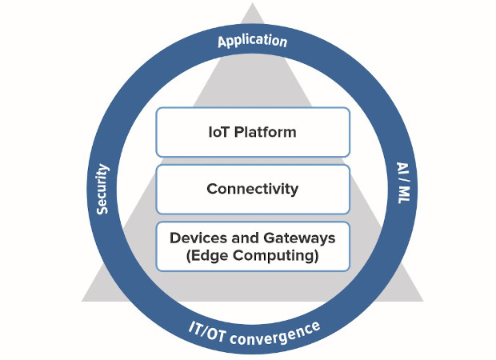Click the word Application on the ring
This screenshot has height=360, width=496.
[252, 40]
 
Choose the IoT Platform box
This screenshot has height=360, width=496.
[253, 132]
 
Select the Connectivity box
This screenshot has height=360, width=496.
[253, 189]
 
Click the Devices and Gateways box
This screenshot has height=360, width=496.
[253, 246]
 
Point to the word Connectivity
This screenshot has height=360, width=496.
[253, 190]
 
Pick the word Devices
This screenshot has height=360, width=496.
[195, 238]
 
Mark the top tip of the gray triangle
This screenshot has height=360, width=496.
[253, 5]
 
